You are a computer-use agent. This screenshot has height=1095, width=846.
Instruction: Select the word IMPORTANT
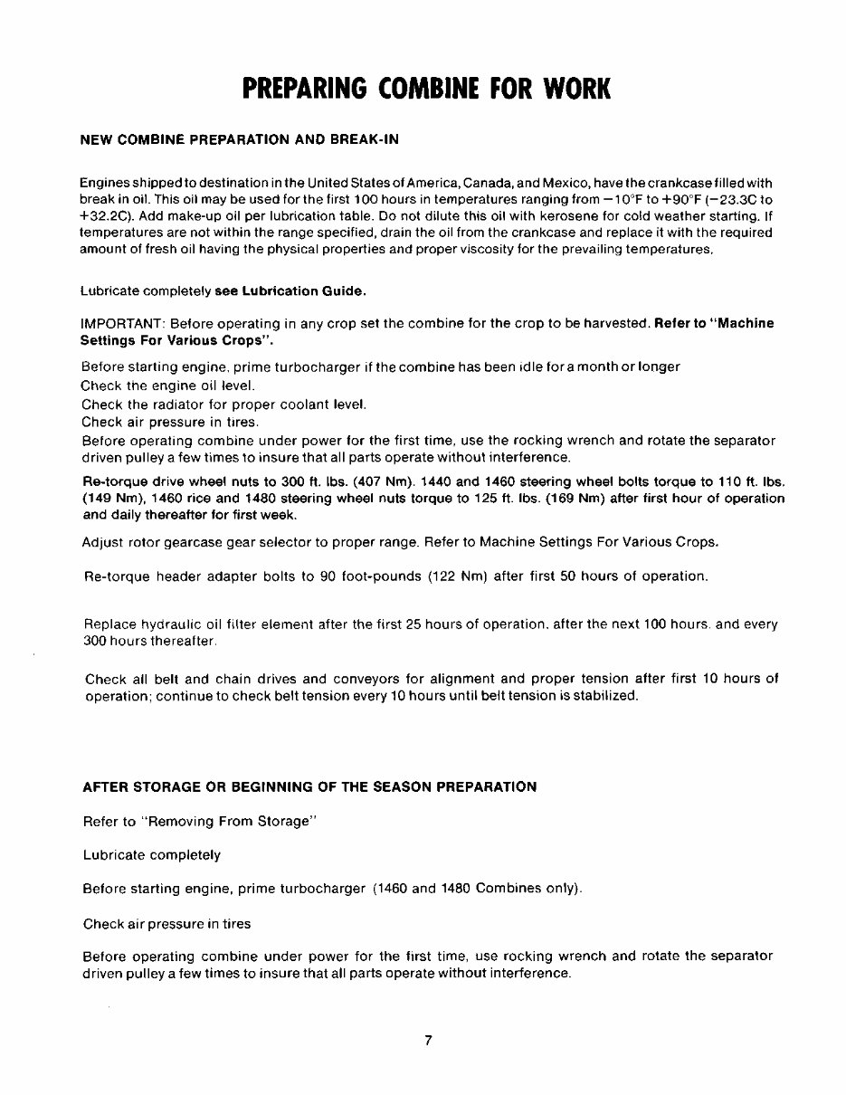click(121, 323)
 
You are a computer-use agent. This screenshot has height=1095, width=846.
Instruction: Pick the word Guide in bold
click(343, 290)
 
